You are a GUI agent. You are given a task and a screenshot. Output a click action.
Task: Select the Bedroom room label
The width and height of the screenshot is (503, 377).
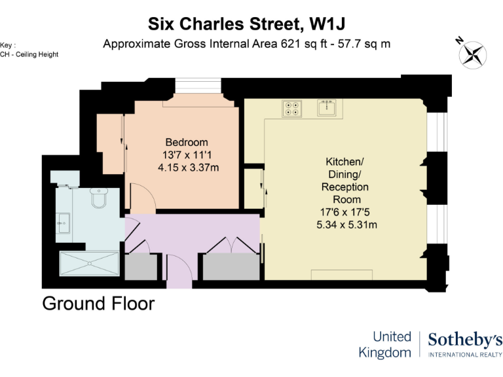[187, 142]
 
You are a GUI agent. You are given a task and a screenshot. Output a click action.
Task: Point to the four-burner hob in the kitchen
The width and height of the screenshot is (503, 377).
[292, 108]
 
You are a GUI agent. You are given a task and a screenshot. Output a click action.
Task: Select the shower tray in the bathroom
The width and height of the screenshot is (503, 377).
[89, 264]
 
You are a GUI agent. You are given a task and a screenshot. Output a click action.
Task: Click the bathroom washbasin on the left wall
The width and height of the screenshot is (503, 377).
[64, 223]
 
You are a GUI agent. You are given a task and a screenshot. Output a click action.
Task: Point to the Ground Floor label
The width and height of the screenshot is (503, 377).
[98, 304]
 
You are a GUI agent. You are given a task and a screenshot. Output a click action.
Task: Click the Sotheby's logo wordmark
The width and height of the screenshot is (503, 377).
[465, 339]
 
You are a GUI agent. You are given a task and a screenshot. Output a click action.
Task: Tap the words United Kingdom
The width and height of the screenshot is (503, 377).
[385, 344]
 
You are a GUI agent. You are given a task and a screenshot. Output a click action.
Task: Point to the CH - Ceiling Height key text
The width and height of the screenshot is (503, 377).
[29, 54]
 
